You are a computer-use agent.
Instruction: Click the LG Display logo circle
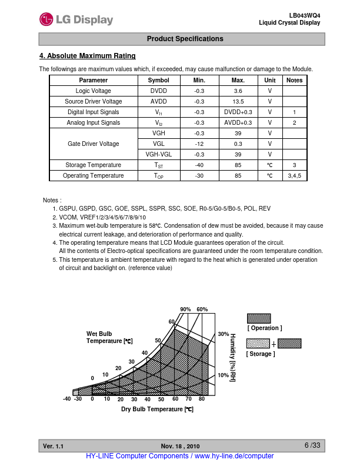click(46, 19)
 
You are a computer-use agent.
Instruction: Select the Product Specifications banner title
click(185, 39)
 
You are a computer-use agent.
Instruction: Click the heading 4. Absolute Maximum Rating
click(87, 56)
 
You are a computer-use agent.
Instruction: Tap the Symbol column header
click(158, 80)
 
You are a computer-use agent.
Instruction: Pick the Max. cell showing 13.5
click(238, 101)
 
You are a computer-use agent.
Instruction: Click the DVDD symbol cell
click(158, 91)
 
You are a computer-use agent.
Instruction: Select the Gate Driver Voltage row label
click(93, 144)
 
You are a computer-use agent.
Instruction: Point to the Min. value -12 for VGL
click(199, 144)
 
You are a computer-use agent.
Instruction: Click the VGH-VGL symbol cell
click(158, 154)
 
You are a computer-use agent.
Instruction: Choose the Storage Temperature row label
click(93, 165)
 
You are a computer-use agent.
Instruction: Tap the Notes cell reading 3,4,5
click(294, 175)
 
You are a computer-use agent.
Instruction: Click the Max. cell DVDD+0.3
click(238, 112)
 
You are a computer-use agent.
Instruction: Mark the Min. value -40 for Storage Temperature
click(199, 165)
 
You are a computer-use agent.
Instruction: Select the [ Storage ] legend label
click(261, 354)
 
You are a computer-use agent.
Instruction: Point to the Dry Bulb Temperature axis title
click(157, 409)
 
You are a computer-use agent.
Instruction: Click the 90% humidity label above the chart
click(185, 309)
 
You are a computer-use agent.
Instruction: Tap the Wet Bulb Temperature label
click(109, 337)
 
